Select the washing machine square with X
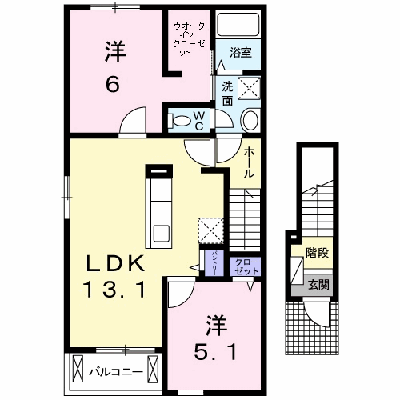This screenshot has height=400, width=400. (x=251, y=87)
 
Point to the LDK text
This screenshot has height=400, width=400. (x=115, y=263)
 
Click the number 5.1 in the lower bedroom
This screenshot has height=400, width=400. (x=216, y=350)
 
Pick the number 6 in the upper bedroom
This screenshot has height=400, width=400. (x=113, y=82)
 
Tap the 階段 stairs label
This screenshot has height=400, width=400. (x=318, y=254)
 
